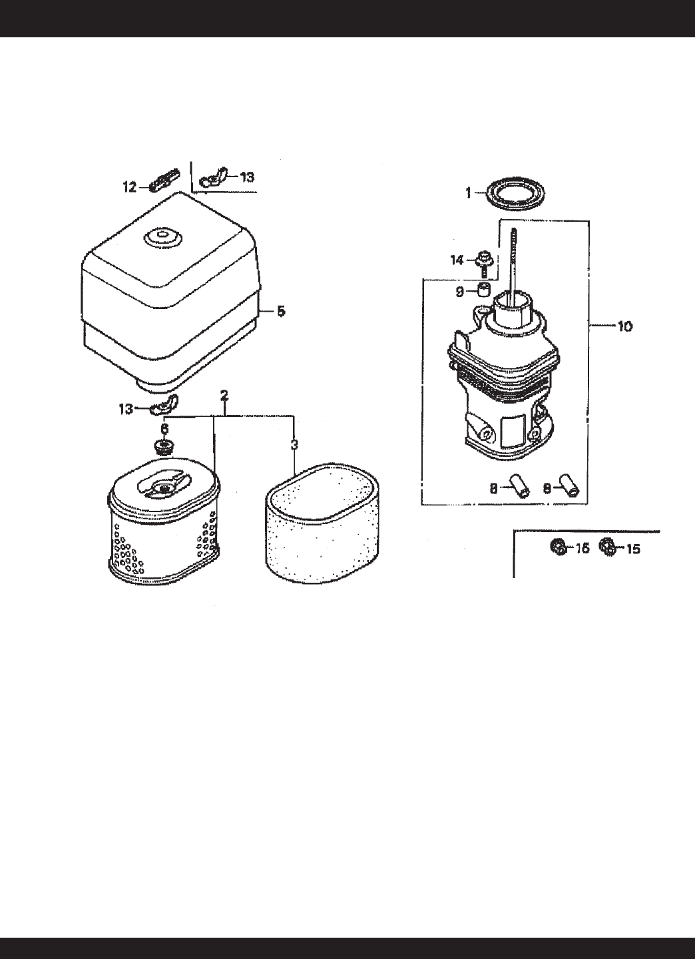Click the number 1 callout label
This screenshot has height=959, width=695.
point(468,192)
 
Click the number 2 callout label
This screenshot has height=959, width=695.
point(224,396)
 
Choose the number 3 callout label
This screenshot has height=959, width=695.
point(294,445)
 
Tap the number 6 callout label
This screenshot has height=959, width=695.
point(164,430)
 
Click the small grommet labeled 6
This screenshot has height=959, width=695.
point(161,446)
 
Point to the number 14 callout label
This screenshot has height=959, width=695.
point(457,260)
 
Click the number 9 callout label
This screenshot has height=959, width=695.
point(460,292)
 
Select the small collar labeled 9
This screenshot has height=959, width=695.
point(483,290)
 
